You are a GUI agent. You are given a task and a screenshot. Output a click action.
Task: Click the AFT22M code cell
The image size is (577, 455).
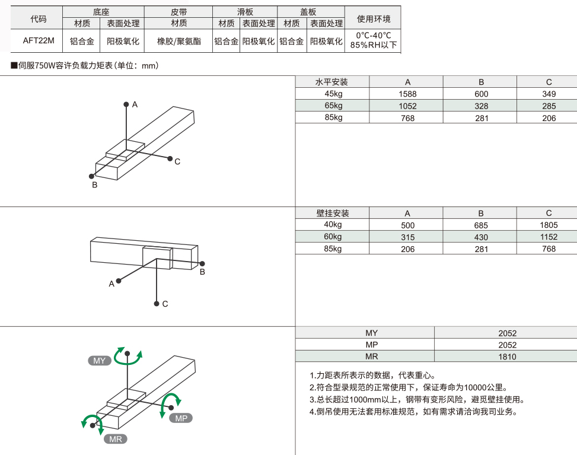(39, 41)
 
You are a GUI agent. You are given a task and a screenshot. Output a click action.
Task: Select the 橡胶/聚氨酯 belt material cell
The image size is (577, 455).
(178, 42)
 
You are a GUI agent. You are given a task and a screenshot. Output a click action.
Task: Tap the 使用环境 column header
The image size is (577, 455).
(374, 18)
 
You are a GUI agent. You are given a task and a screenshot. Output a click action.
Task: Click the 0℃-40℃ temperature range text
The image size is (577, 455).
(374, 36)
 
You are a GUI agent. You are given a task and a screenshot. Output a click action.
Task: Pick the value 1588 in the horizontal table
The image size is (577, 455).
(407, 94)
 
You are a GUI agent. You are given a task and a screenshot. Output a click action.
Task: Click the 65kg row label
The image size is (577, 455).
(333, 106)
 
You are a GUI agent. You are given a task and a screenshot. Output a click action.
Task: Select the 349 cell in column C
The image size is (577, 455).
(549, 94)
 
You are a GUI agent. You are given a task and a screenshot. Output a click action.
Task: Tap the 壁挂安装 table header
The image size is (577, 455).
(333, 213)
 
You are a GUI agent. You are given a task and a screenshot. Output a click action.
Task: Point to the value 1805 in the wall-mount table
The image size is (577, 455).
(549, 225)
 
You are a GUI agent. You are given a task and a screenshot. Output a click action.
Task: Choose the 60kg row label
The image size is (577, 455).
(333, 237)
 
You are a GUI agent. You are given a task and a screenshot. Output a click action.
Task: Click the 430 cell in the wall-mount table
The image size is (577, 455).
(481, 237)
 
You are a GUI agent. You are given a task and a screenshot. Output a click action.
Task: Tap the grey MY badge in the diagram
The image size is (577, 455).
(99, 361)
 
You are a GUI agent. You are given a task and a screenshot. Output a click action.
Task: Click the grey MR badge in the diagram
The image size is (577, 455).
(116, 439)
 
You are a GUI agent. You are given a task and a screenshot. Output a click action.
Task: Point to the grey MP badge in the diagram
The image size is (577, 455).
(181, 418)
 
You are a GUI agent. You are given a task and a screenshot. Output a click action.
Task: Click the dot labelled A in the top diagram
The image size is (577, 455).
(126, 104)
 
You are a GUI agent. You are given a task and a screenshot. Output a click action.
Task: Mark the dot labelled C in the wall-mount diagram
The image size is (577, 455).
(156, 303)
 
